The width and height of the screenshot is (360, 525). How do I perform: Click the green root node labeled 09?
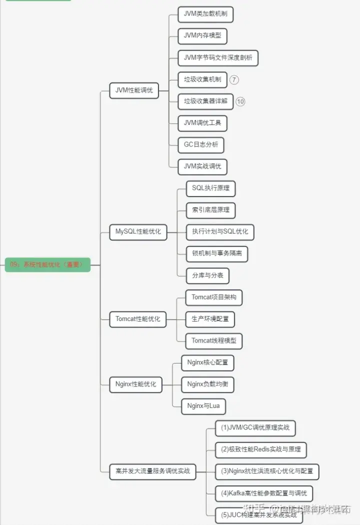[48, 265]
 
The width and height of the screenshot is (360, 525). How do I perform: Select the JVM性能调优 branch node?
[134, 90]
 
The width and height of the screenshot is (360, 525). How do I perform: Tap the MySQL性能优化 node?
[138, 232]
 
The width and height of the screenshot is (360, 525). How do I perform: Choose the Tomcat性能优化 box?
[138, 318]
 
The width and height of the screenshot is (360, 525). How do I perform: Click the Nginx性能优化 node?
[135, 384]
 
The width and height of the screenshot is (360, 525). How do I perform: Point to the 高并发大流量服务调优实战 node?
[153, 471]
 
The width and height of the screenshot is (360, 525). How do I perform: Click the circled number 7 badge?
[234, 79]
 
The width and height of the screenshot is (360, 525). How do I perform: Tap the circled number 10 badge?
[240, 101]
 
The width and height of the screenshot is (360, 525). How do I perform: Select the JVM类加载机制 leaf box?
[205, 14]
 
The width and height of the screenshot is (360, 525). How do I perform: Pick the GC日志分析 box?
[201, 144]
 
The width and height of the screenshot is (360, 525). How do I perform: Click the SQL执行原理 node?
[210, 188]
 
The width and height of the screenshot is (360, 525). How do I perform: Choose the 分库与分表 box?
[207, 275]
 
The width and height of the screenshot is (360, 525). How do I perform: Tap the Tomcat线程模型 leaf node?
[213, 340]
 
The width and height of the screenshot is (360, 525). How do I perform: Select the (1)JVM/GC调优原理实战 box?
[255, 428]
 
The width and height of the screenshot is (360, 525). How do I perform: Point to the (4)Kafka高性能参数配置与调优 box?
[264, 493]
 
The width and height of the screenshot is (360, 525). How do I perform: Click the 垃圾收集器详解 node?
[205, 101]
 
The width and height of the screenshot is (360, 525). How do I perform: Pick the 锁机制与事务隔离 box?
[216, 253]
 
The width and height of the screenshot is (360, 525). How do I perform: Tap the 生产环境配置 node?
[210, 318]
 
